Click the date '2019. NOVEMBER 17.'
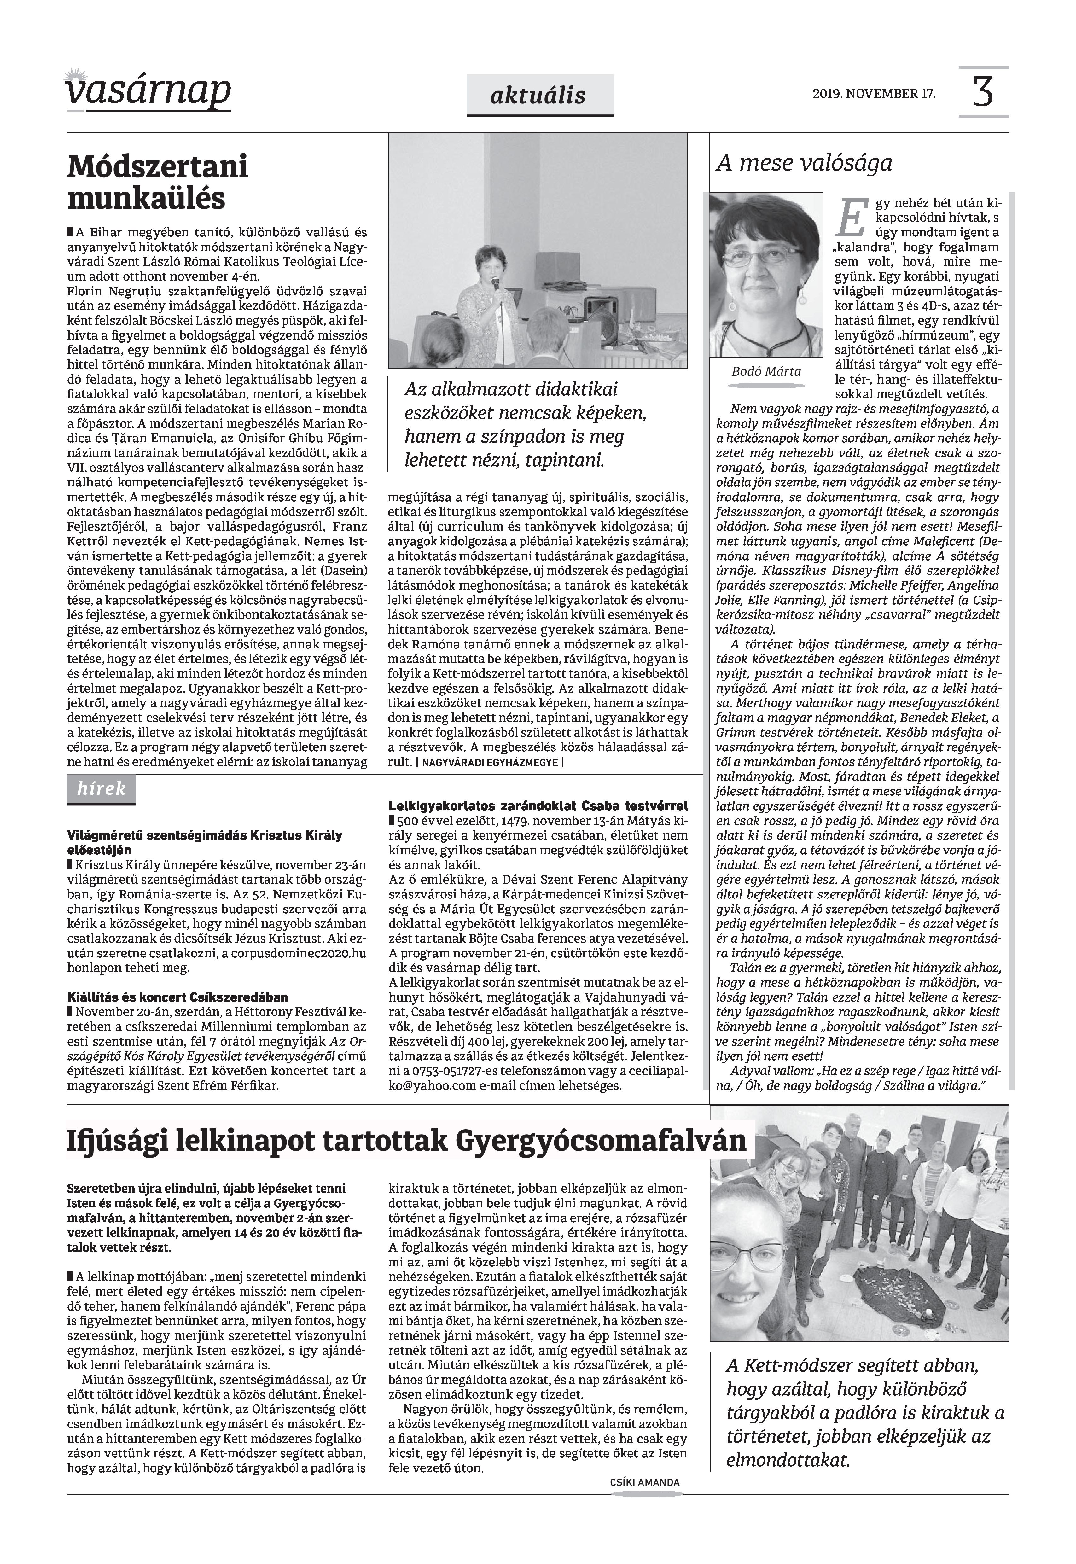pos(874,94)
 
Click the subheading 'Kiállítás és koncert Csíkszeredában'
pos(177,997)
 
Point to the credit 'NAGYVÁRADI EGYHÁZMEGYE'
pos(490,762)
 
